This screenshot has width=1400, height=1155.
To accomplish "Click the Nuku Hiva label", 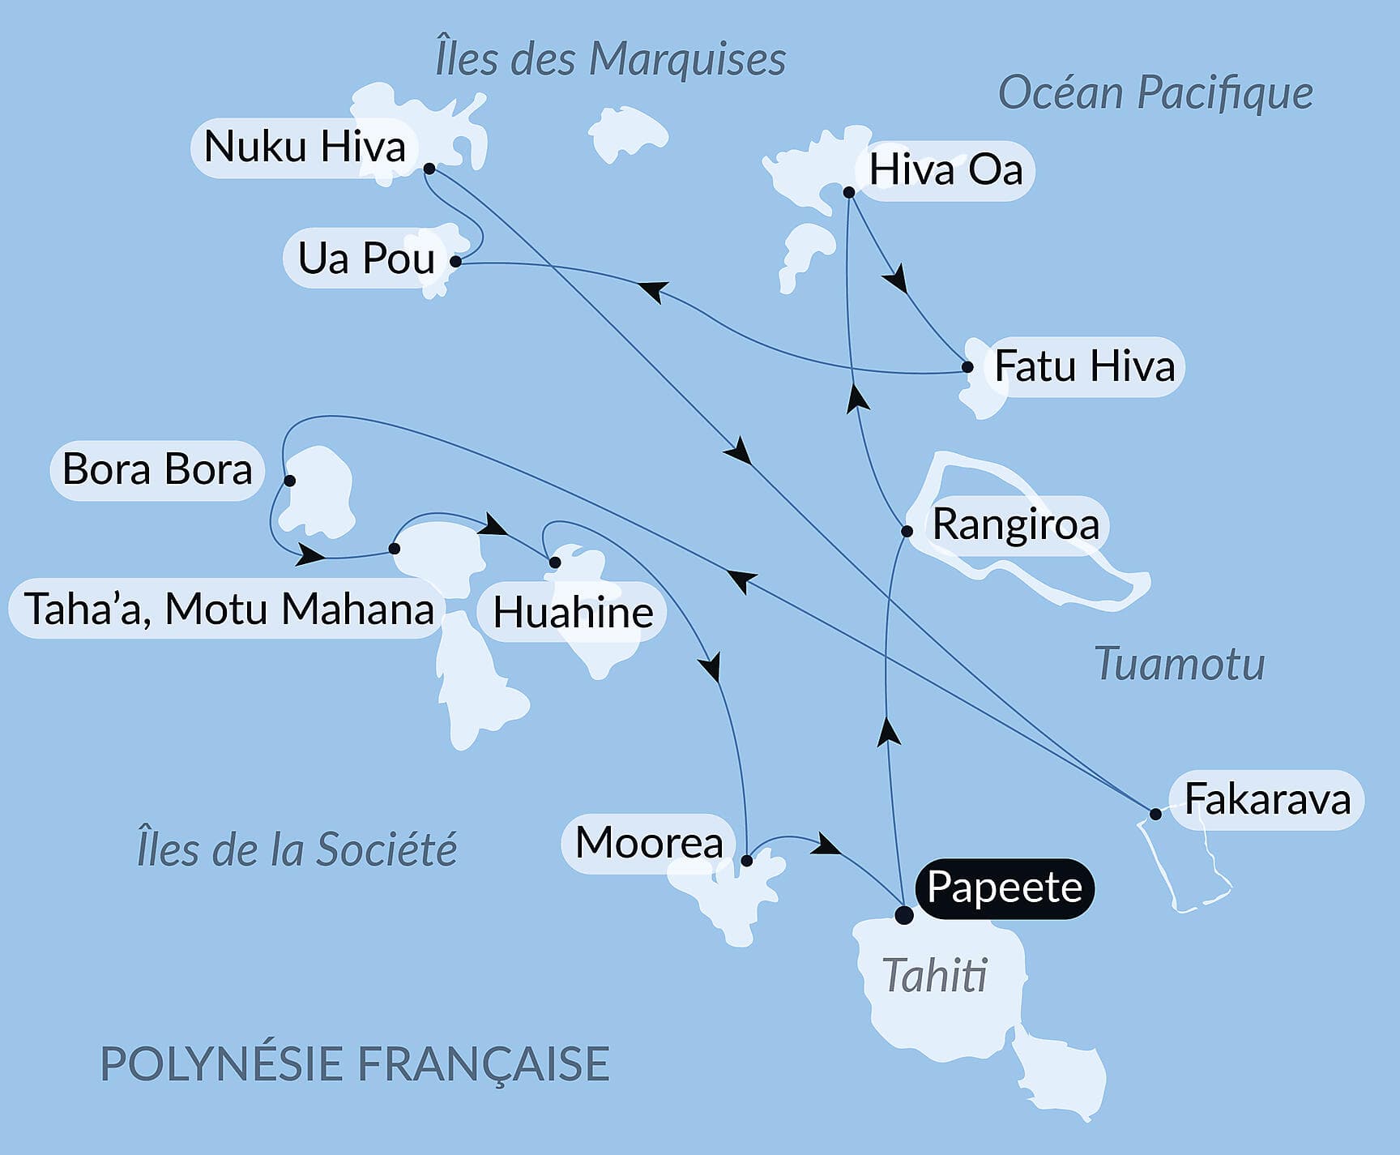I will pos(304,148).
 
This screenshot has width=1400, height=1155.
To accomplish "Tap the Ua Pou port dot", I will pos(456,262).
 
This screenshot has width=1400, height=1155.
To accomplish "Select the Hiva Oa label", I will pos(945,170).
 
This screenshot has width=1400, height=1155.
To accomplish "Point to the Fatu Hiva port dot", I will pos(967,367).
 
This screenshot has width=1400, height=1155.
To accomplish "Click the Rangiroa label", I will pos(1015,524).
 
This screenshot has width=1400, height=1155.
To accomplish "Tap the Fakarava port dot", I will pos(1155,814).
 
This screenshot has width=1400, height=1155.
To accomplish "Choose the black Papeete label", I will pos(1004,888).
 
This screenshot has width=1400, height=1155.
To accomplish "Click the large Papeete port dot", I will pos(903,915).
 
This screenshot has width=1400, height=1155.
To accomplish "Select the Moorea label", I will pos(648,843).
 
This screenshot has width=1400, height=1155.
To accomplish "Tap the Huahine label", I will pos(573,613).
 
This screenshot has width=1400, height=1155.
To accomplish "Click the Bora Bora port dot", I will pos(289,481).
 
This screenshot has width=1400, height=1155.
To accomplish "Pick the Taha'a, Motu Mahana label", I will pos(228,610).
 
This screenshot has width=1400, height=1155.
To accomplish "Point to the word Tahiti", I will pos(934,975).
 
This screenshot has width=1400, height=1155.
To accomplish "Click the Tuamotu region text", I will pos(1179,664).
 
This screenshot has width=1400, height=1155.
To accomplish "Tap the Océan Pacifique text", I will pos(1155,93).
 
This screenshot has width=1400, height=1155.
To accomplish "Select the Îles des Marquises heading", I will pos(610,59).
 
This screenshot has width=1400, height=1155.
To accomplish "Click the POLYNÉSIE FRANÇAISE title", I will pos(354,1063).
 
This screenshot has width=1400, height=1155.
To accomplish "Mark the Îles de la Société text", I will pos(297,849).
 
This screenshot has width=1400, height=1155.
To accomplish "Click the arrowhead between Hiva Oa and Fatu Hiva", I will pos(895,280).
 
